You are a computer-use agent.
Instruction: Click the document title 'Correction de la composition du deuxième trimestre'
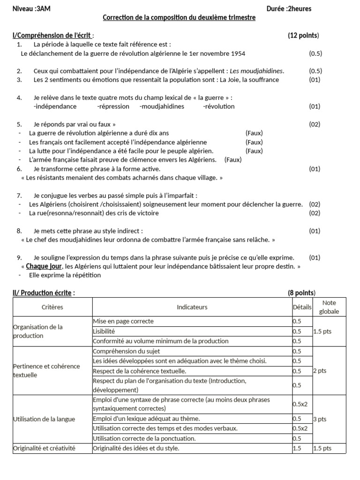click(x=179, y=18)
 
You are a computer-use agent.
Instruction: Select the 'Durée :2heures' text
click(x=288, y=8)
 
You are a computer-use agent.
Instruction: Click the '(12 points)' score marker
click(x=303, y=36)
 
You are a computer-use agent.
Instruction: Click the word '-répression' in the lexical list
click(x=113, y=106)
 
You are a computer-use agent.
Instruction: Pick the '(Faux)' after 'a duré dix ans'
click(x=254, y=133)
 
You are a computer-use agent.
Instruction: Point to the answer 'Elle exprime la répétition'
click(x=65, y=275)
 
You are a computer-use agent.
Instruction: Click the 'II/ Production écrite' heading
click(x=42, y=293)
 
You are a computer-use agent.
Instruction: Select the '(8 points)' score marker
click(x=301, y=293)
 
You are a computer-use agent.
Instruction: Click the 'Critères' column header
click(x=52, y=307)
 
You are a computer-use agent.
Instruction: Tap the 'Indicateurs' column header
click(x=192, y=307)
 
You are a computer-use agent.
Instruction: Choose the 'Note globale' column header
click(x=330, y=307)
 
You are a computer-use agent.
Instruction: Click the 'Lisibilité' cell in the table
click(x=105, y=331)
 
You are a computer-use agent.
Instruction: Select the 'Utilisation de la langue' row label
click(x=44, y=419)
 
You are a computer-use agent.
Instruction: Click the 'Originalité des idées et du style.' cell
click(x=136, y=449)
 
